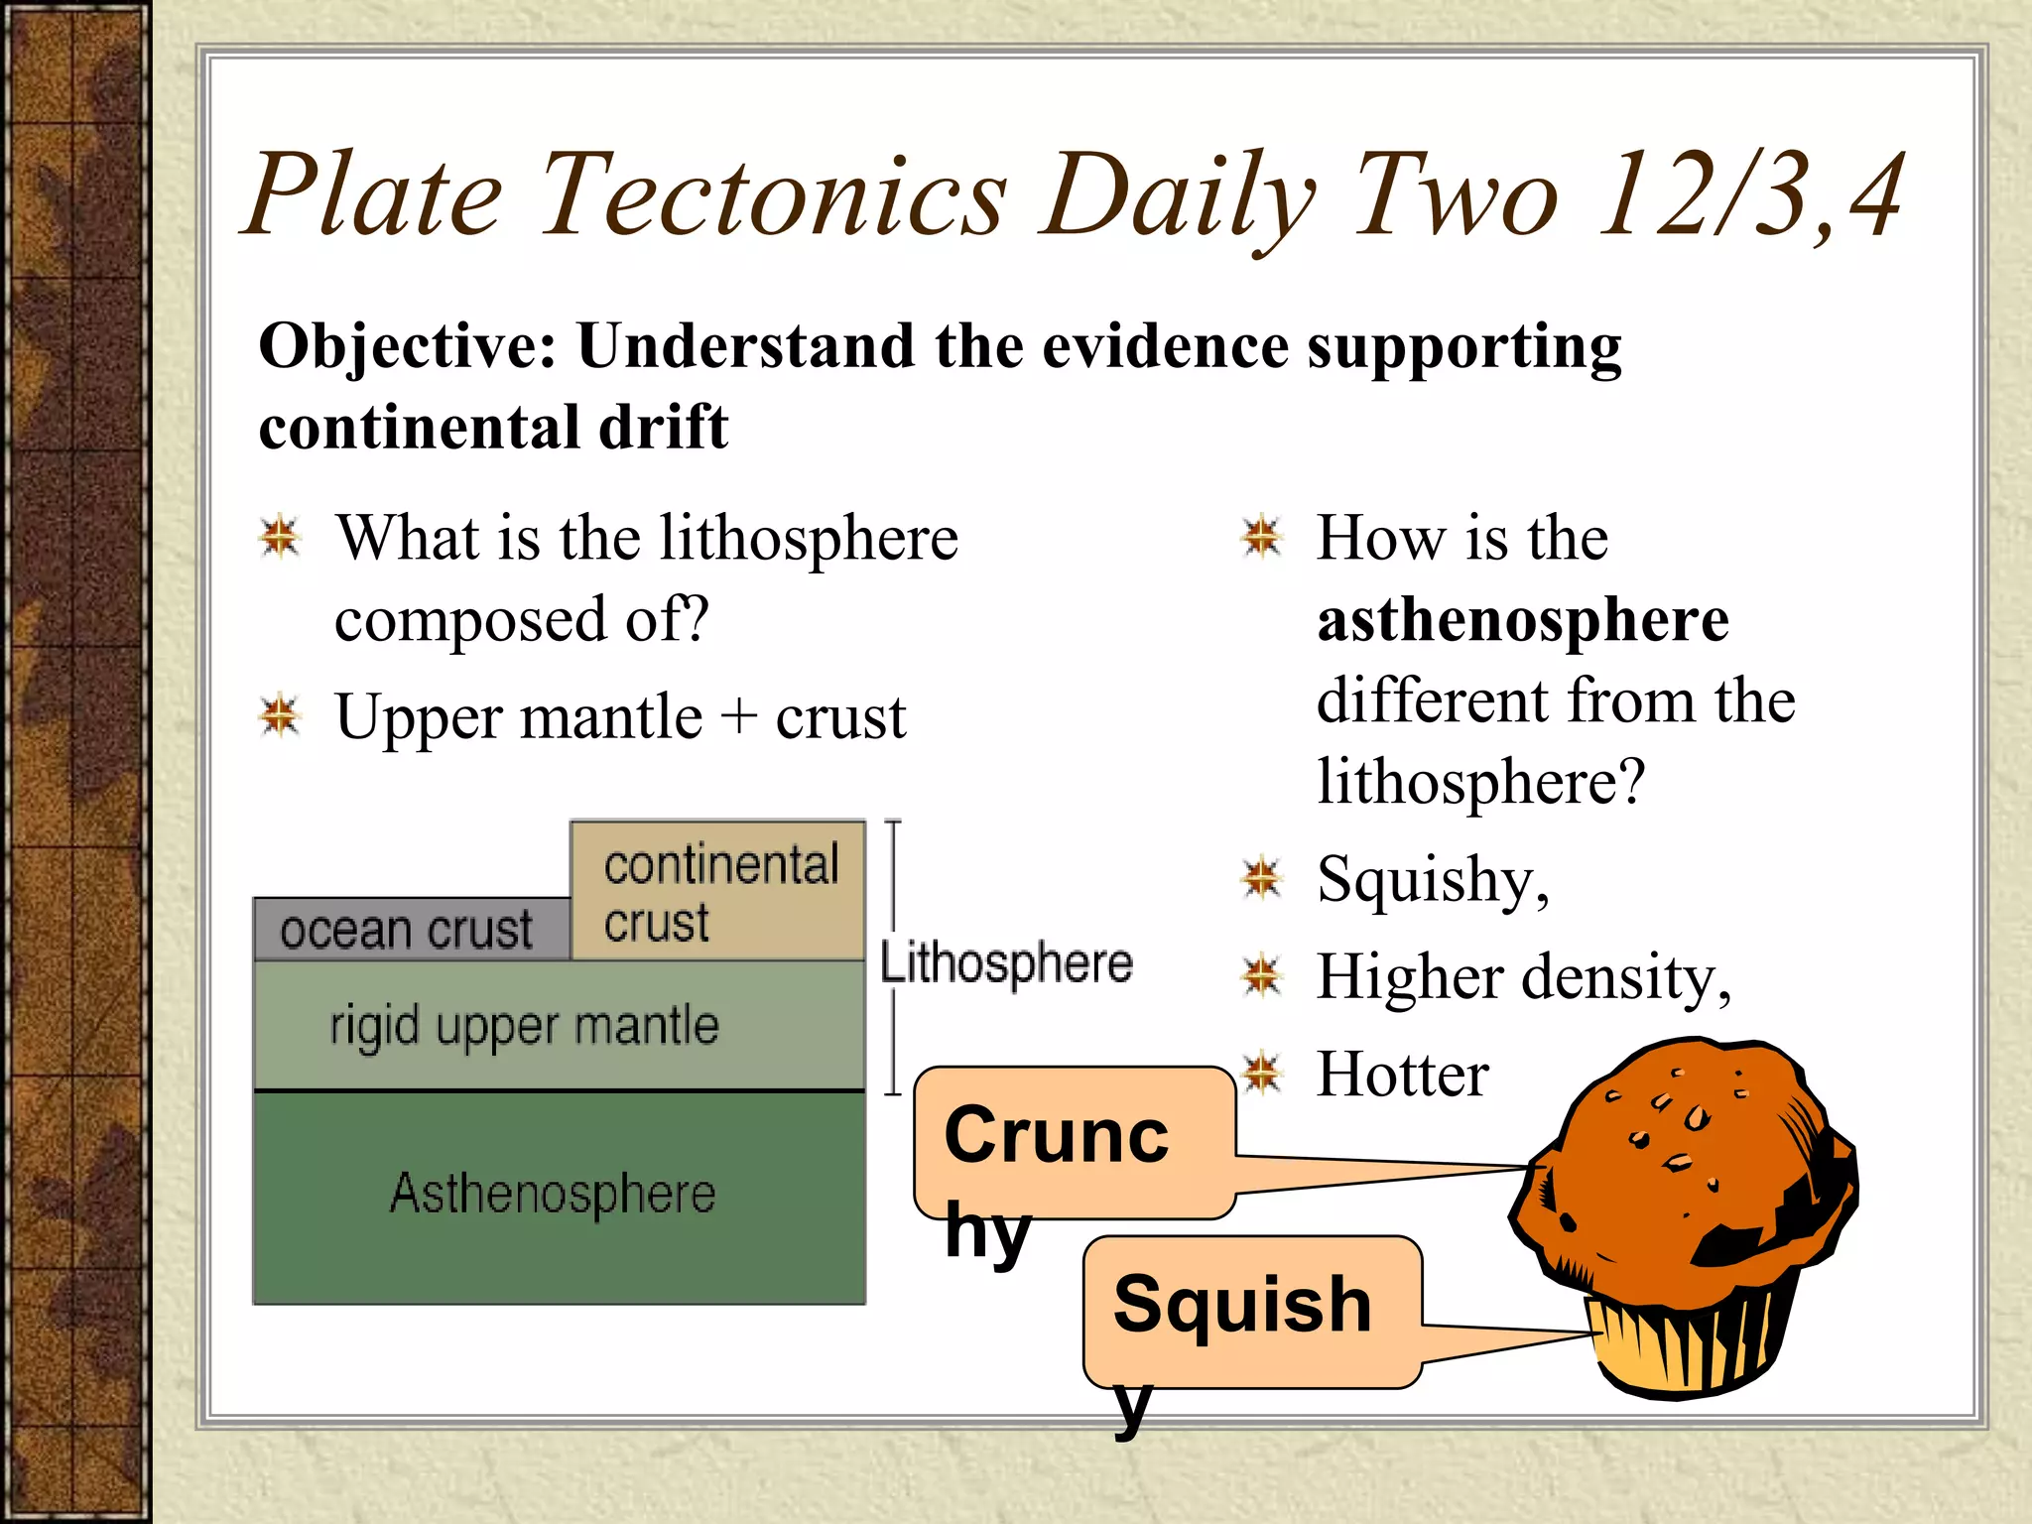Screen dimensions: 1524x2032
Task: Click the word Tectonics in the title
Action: pos(774,196)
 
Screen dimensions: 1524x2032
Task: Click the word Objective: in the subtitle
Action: pos(407,347)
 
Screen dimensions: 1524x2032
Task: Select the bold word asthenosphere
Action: pos(1523,621)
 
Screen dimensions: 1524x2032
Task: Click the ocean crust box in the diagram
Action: pos(409,930)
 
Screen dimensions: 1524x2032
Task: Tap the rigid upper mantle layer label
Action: pos(524,1026)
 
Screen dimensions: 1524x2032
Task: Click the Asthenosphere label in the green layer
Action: pos(553,1193)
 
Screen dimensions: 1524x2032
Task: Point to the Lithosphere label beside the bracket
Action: pos(1006,963)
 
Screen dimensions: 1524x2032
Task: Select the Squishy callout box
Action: pos(1250,1310)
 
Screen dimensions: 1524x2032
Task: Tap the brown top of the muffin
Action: pos(1687,1141)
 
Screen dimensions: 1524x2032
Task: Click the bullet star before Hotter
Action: pos(1262,1073)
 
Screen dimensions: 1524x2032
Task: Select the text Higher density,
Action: pos(1523,977)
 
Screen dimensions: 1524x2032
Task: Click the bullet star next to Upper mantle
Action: pos(280,715)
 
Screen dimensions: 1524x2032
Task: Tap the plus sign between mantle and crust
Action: pos(738,717)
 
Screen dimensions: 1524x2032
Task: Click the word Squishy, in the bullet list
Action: pos(1432,880)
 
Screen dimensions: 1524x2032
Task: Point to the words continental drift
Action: pos(493,428)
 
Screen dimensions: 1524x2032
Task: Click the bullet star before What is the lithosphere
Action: pos(280,537)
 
